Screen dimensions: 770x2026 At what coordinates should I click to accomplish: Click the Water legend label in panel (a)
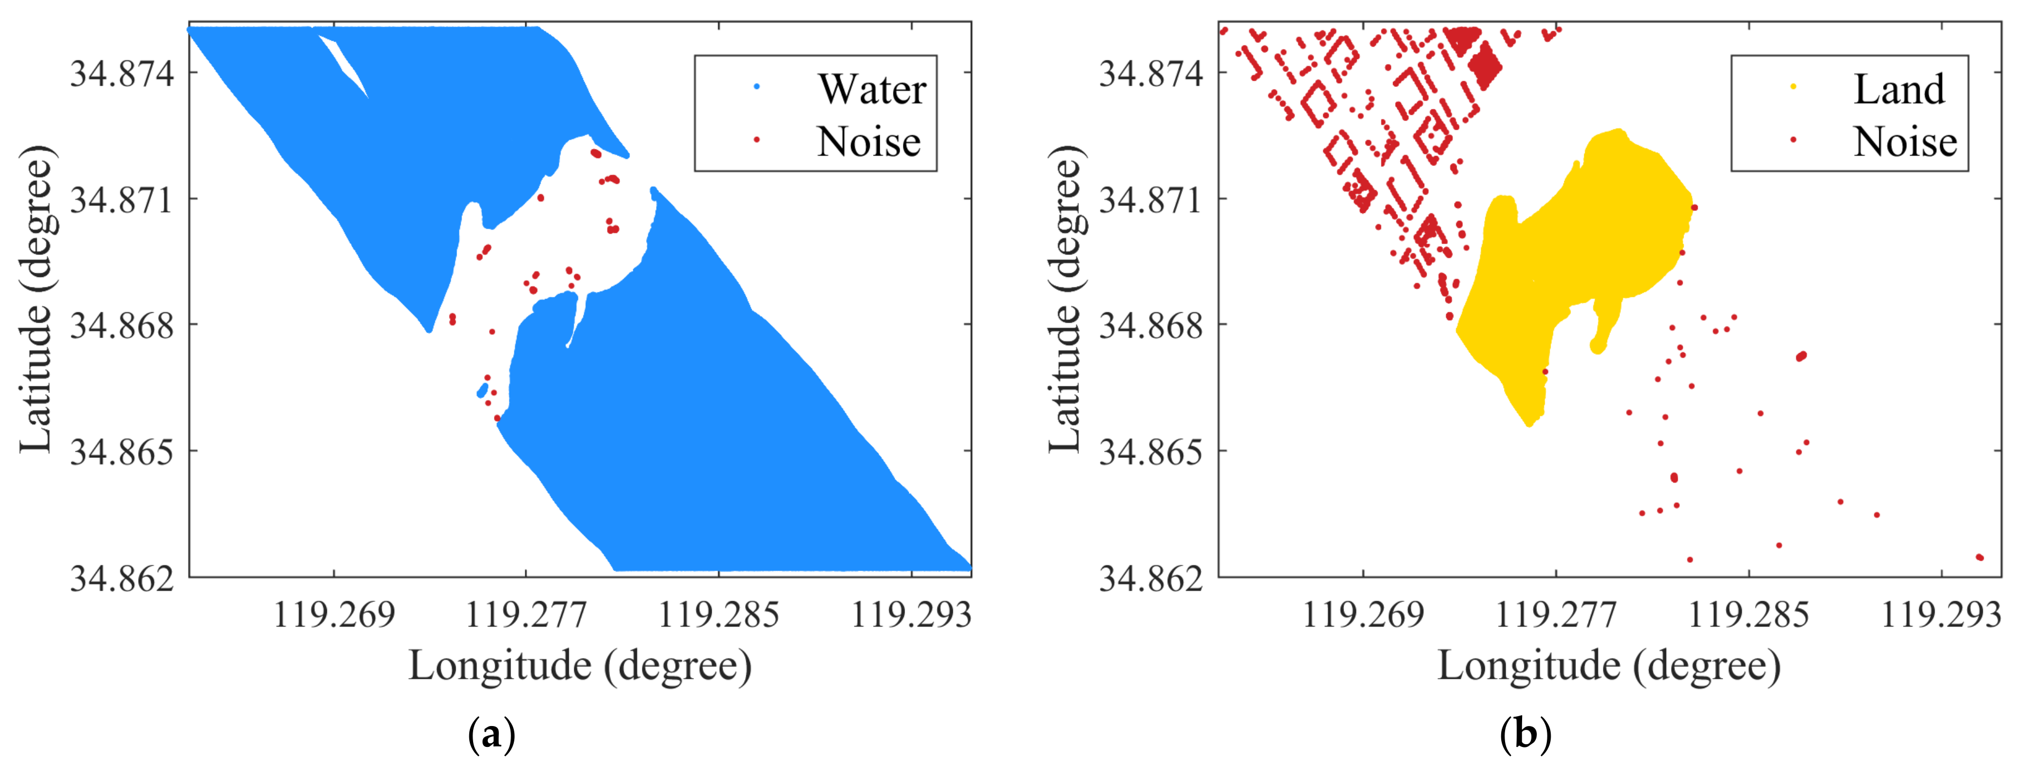click(x=872, y=89)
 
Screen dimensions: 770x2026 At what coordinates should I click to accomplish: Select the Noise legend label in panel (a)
click(x=868, y=142)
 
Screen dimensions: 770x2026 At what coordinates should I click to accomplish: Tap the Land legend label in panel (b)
click(x=1899, y=89)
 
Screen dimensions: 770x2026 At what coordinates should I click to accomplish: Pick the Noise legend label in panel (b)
click(x=1904, y=142)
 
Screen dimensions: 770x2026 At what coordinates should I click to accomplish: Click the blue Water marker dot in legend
click(x=757, y=86)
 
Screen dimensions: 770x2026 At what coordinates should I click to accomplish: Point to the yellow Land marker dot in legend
click(x=1793, y=86)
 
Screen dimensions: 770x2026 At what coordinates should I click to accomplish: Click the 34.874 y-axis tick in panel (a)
click(x=122, y=73)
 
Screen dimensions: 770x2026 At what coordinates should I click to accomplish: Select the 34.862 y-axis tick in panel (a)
click(x=122, y=578)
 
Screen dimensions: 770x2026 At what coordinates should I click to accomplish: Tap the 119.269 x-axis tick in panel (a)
click(x=334, y=614)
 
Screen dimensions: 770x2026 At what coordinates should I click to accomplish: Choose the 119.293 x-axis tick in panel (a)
click(x=912, y=614)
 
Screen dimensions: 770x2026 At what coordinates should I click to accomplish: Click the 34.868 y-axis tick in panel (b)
click(x=1151, y=325)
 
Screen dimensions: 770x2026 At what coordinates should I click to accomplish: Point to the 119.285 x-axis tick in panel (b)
click(x=1749, y=614)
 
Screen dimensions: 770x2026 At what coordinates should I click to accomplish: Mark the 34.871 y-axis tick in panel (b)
click(x=1151, y=199)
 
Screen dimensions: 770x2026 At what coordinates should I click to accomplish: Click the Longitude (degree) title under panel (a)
click(x=580, y=666)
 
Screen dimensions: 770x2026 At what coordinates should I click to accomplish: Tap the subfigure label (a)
click(x=492, y=735)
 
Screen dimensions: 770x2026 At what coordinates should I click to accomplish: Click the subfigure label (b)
click(x=1525, y=735)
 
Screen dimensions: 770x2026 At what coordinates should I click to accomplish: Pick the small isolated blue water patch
click(x=482, y=391)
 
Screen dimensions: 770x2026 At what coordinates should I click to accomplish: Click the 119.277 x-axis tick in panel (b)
click(x=1556, y=614)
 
